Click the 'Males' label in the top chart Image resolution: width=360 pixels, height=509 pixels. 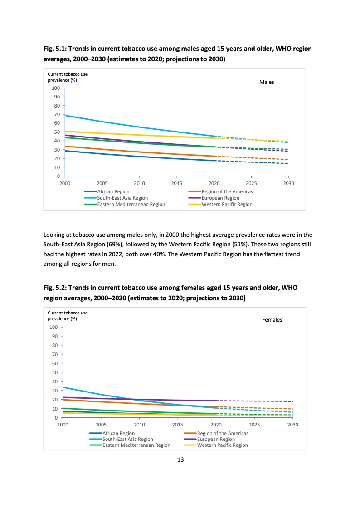click(x=267, y=82)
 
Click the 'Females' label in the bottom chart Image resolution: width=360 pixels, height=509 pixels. click(x=272, y=320)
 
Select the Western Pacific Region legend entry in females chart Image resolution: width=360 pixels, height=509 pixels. click(x=222, y=445)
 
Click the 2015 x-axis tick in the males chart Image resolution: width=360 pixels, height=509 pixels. click(x=177, y=184)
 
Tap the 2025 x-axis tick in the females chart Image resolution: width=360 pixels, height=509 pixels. click(x=254, y=425)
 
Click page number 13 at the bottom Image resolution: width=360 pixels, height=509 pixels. click(x=180, y=460)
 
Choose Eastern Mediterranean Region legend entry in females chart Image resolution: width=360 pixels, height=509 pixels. click(x=136, y=445)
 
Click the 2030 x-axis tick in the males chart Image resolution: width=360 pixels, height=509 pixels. click(x=288, y=184)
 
